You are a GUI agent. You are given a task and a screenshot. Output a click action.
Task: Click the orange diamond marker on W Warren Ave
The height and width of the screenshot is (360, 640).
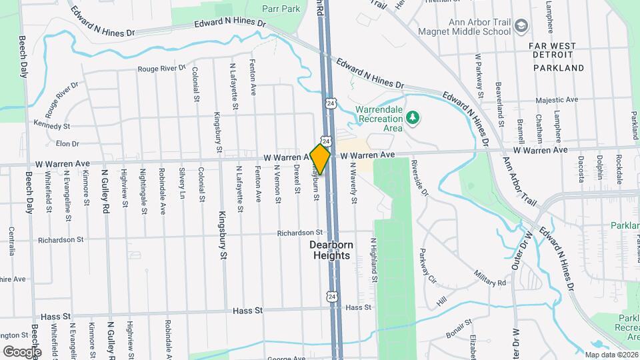(320, 159)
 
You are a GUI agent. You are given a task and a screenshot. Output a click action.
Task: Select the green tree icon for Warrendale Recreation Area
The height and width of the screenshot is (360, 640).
(413, 118)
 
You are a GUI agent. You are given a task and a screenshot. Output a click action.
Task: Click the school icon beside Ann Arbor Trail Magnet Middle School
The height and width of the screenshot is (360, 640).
(522, 25)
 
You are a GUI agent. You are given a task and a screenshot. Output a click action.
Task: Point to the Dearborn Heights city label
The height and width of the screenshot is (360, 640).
(330, 250)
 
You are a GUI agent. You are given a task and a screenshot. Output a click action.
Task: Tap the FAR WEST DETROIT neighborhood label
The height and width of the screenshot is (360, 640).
(557, 57)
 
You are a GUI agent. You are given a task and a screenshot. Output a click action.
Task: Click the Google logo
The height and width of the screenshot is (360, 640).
(22, 351)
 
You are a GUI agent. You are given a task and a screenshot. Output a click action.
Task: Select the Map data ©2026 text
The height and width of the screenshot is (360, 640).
(611, 354)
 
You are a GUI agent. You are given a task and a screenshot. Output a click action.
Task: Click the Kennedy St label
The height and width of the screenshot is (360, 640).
(53, 125)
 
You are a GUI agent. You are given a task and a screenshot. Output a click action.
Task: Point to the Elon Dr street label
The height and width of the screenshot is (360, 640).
(67, 143)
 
